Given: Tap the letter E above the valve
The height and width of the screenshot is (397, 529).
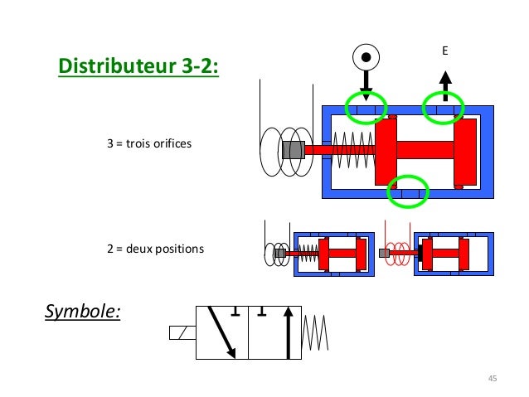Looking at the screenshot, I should click(444, 51).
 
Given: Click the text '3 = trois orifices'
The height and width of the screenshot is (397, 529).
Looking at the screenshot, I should click(149, 144).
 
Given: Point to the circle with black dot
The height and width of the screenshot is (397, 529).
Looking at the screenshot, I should click(365, 58).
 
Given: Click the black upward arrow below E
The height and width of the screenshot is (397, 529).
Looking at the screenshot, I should click(444, 85).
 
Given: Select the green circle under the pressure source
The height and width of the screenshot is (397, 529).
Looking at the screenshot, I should click(366, 108).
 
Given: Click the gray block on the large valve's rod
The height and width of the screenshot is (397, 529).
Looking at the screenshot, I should click(293, 150).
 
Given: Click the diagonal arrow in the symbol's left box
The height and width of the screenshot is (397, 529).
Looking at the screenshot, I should click(223, 332).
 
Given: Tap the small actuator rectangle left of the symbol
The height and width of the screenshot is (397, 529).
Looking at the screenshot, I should click(182, 333).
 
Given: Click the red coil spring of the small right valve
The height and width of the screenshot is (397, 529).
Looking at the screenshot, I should click(399, 253).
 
